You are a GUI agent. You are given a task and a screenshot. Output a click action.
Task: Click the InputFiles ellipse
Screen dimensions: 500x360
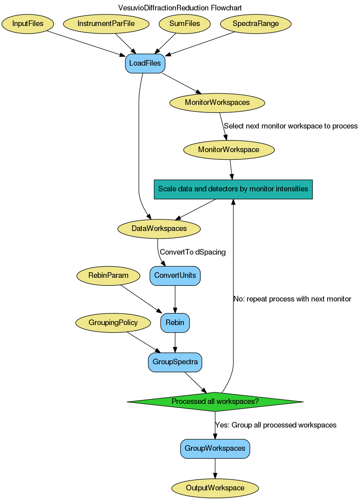coord(28,24)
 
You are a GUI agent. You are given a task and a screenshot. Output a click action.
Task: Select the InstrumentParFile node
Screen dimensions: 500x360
coord(106,24)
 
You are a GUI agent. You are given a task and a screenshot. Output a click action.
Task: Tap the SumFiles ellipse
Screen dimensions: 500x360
coord(185,24)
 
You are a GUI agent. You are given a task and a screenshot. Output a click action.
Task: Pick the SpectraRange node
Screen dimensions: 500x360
coord(255,24)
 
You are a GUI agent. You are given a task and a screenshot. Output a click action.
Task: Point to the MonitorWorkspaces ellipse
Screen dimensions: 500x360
coord(217,102)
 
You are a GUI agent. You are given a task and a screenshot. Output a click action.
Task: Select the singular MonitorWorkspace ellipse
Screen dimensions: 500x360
coord(229,150)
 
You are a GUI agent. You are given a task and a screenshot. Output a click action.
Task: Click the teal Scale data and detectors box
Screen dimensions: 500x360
coord(233,189)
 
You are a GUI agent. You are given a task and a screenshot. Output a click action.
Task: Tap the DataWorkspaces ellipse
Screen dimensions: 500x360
coord(159,229)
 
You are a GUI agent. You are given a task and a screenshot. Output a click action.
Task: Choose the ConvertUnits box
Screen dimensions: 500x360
coord(175,275)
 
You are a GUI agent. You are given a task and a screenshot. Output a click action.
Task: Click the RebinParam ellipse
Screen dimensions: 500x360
coord(108,275)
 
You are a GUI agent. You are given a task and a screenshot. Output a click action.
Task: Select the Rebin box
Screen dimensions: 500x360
coord(175,323)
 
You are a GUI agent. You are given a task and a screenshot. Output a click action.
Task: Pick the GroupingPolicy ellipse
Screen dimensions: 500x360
coord(113,323)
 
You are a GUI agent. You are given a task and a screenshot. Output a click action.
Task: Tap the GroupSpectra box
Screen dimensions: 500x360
coord(175,362)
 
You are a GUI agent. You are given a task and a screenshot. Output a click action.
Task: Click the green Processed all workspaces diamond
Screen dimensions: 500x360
coord(215,402)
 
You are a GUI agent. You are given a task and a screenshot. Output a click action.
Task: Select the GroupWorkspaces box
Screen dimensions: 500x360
coord(215,448)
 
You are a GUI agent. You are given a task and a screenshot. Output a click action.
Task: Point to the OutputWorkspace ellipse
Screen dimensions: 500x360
coord(215,488)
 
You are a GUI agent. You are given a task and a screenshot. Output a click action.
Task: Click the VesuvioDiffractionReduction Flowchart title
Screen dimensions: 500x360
coord(180,8)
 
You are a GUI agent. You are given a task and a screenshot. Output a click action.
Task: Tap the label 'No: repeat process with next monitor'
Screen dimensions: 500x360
coord(292,299)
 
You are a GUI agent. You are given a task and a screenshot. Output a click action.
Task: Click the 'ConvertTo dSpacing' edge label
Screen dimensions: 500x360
coord(193,252)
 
